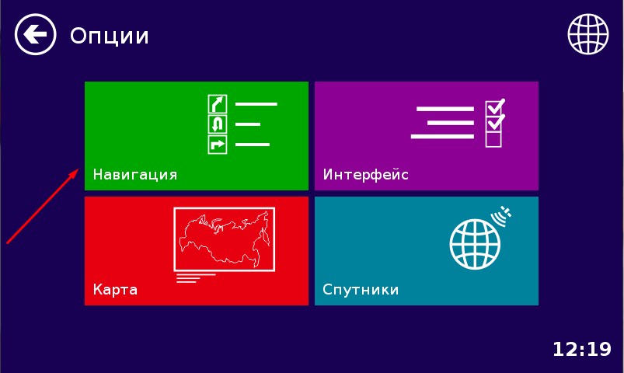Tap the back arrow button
point(36,34)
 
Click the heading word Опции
point(110,36)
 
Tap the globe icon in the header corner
point(587,34)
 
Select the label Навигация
point(135,174)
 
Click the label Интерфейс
point(366,174)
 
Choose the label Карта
point(115,289)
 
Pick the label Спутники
point(361,289)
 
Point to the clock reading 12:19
point(582,349)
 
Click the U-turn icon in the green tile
point(218,124)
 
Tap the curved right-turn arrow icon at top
point(218,104)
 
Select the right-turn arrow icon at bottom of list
point(218,145)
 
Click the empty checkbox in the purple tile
point(493,139)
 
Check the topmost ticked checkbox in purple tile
point(495,106)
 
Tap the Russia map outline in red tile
point(225,238)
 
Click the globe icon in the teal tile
point(475,245)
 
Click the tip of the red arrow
point(78,169)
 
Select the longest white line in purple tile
point(442,137)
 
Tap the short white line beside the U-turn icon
point(248,124)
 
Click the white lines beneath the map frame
point(196,278)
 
